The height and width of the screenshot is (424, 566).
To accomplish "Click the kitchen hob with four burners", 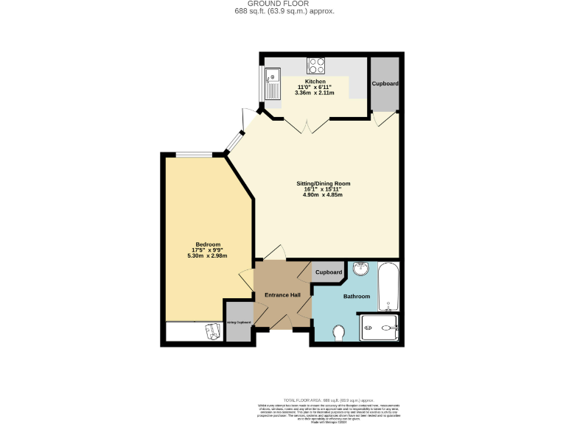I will point(318,65).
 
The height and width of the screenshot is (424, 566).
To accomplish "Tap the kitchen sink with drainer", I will point(271,83).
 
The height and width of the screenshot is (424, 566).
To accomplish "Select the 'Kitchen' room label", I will point(315,82).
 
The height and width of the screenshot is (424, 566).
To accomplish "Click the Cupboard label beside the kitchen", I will point(385,84).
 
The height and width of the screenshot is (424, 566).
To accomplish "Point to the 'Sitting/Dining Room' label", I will point(323,183).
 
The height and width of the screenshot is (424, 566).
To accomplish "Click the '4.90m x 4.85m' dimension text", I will point(323,194).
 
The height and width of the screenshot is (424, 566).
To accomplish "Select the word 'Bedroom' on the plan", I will point(208,244).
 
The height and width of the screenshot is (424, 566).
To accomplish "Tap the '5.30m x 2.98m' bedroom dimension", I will point(208,255).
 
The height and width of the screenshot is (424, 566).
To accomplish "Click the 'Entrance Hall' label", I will point(283,295).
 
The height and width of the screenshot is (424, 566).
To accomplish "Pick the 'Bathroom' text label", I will point(356,296).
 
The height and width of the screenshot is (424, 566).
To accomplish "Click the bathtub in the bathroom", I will point(388,289).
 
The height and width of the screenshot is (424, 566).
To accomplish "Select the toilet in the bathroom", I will point(339,333).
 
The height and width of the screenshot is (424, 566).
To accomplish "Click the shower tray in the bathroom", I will point(379,328).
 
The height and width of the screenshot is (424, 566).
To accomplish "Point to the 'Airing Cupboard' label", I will point(239,322).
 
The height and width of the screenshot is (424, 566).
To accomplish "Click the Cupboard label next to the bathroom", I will point(329,272).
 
